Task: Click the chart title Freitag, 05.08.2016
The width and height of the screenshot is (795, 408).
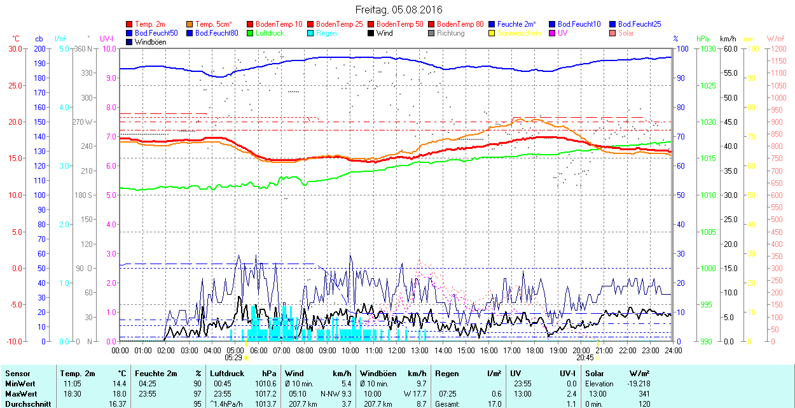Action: click(x=399, y=10)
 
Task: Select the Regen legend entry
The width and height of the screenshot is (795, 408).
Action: click(x=326, y=33)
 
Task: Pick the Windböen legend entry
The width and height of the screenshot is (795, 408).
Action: click(x=150, y=42)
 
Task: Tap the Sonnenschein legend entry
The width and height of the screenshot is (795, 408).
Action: click(x=519, y=33)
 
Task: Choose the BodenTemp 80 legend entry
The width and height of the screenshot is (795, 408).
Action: click(x=460, y=24)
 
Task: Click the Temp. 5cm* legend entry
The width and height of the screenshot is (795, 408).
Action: click(x=213, y=24)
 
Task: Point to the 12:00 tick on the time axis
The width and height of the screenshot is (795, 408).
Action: click(x=397, y=350)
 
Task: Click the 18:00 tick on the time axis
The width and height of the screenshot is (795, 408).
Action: click(x=535, y=350)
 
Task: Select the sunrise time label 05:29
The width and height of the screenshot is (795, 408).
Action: click(x=233, y=358)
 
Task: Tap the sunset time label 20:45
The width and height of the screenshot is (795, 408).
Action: click(x=585, y=358)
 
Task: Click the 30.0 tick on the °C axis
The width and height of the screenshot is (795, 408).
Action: click(x=13, y=48)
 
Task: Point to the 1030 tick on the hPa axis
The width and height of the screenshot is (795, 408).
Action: click(x=704, y=48)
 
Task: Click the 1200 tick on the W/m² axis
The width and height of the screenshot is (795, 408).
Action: click(x=778, y=48)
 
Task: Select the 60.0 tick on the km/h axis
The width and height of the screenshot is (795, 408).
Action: click(x=728, y=48)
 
